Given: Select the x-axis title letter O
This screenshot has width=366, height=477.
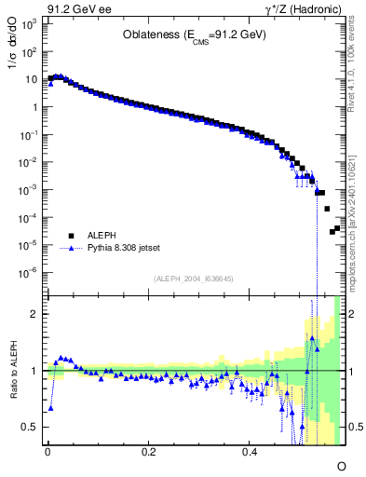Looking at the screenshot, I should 341,465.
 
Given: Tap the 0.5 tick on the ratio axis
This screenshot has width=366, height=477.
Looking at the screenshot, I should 32,427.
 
